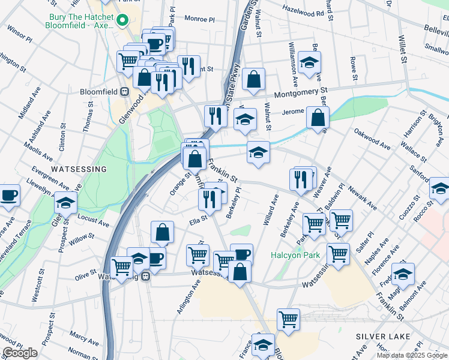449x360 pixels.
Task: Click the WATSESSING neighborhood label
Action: (x=79, y=169)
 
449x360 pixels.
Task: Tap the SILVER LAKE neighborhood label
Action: (x=382, y=336)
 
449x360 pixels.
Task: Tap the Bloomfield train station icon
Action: (x=125, y=92)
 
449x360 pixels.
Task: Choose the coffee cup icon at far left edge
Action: (x=9, y=194)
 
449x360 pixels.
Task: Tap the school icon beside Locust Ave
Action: (x=65, y=202)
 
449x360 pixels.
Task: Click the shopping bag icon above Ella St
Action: (x=162, y=232)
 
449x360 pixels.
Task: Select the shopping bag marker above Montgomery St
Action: (x=254, y=79)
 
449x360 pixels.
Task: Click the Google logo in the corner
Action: (x=20, y=353)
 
